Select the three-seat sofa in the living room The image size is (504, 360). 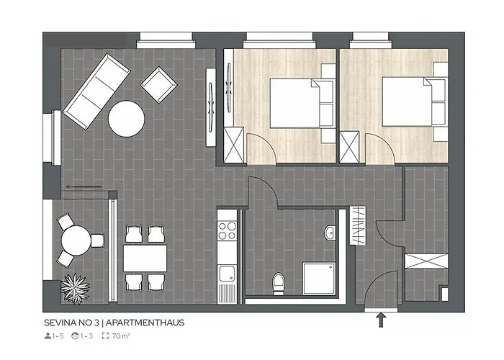pyautogui.click(x=96, y=91)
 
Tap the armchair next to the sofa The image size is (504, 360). pyautogui.click(x=158, y=85)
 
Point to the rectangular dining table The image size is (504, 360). pyautogui.click(x=145, y=256)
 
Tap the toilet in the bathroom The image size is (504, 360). pyautogui.click(x=277, y=283)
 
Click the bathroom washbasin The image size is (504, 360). pyautogui.click(x=330, y=233)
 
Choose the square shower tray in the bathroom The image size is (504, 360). pyautogui.click(x=318, y=277)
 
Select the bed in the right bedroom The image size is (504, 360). pyautogui.click(x=405, y=101)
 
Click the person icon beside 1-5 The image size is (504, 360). pyautogui.click(x=47, y=336)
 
